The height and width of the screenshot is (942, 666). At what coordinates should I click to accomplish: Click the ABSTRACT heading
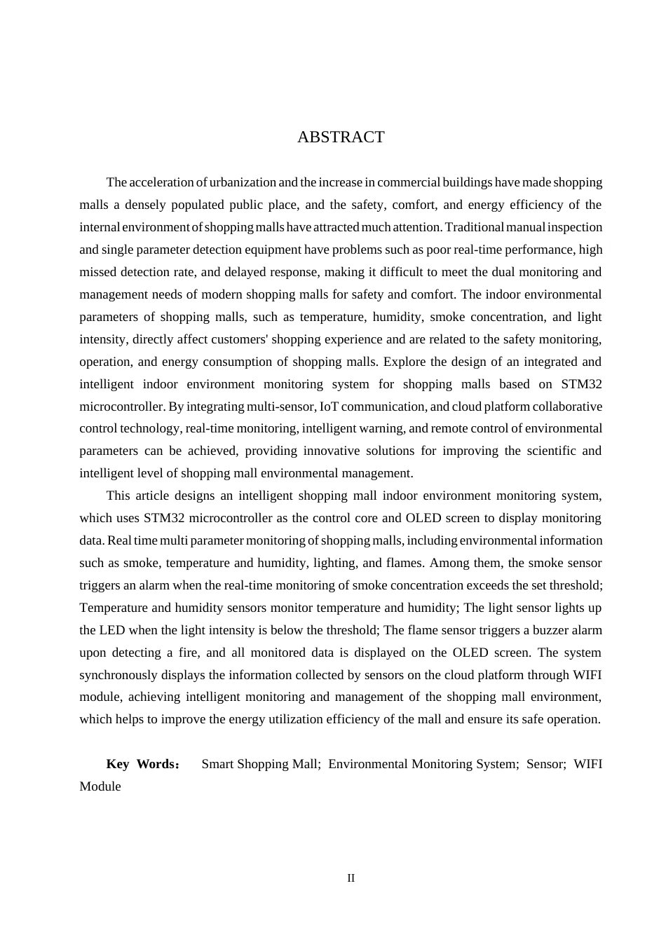(x=341, y=137)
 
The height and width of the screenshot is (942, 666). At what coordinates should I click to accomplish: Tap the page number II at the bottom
(x=351, y=878)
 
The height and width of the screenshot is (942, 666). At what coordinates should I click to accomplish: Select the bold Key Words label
(x=142, y=764)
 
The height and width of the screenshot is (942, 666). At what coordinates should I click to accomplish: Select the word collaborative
(x=567, y=407)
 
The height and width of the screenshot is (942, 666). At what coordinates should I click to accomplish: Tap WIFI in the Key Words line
(x=587, y=764)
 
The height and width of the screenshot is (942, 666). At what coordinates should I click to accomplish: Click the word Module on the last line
(x=100, y=786)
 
